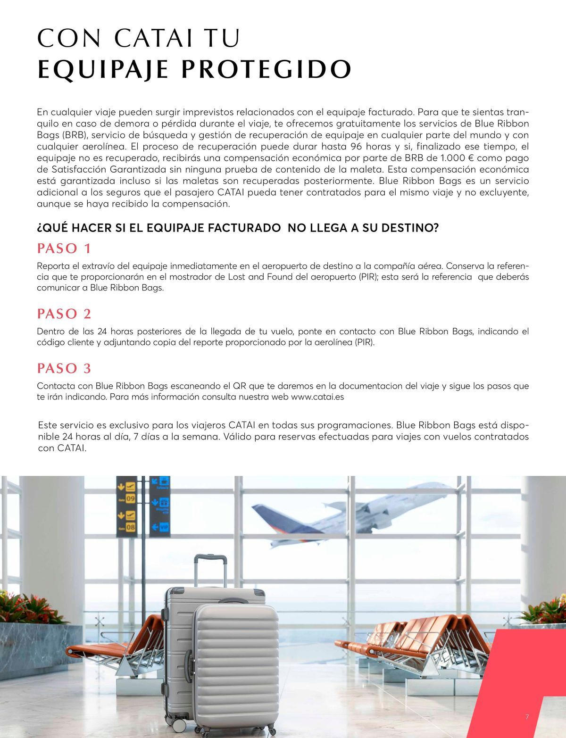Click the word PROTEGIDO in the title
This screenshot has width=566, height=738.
point(266,69)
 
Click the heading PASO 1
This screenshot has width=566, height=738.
point(64,248)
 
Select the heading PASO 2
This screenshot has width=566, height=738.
point(64,314)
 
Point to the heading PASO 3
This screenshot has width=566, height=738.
point(64,368)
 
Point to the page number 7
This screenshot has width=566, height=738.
point(527,717)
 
